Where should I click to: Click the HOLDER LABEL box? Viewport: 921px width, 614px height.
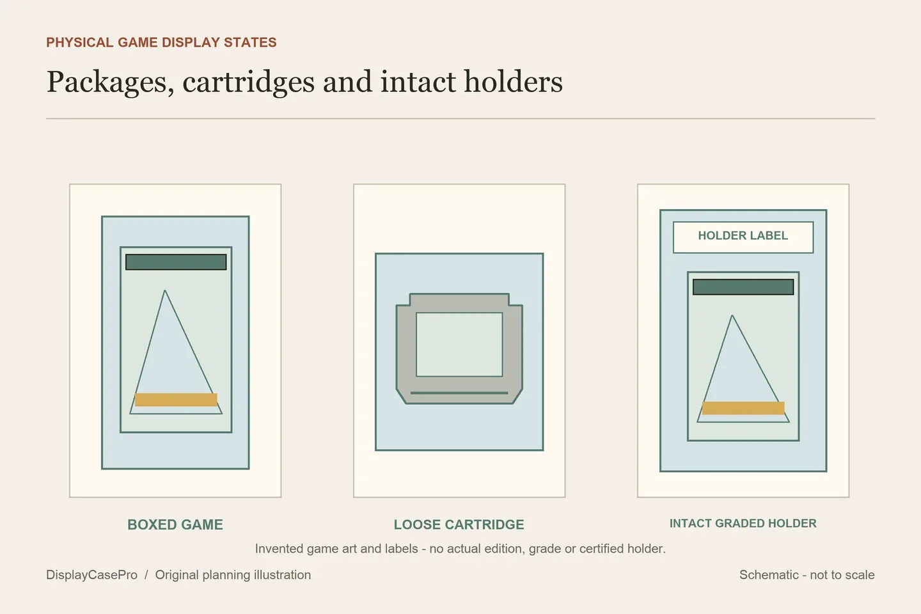point(743,237)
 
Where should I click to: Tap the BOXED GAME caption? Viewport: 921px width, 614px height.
point(175,524)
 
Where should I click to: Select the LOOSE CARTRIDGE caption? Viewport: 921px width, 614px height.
point(459,524)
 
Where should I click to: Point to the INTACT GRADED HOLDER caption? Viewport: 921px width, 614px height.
point(743,523)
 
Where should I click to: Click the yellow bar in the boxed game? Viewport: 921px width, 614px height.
point(176,400)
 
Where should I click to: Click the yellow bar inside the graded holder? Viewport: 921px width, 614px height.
point(743,408)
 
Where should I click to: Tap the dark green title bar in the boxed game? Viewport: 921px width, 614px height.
point(176,262)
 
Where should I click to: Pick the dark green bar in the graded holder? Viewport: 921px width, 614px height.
point(743,287)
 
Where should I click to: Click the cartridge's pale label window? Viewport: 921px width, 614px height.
point(459,345)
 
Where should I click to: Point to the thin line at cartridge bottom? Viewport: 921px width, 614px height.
point(459,393)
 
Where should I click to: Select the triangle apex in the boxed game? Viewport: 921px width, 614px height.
point(165,290)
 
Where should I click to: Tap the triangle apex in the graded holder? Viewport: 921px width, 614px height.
point(732,315)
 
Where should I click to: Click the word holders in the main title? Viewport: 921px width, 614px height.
point(513,81)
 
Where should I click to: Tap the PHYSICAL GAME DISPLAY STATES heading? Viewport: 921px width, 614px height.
point(161,42)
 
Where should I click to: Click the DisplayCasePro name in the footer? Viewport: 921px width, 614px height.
point(91,574)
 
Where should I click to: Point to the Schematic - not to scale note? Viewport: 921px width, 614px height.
point(807,574)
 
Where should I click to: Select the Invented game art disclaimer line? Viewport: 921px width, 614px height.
point(460,549)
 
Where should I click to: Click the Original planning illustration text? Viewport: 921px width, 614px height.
point(233,574)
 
